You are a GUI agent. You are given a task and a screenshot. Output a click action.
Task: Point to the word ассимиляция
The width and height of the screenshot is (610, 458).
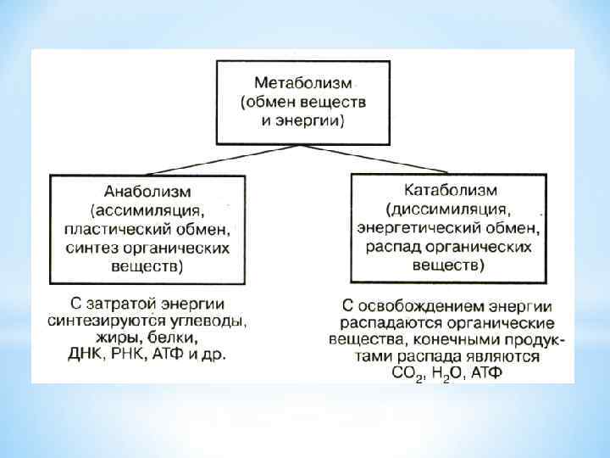(x=155, y=210)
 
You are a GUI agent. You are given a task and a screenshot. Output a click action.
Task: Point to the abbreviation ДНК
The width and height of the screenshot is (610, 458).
(x=86, y=353)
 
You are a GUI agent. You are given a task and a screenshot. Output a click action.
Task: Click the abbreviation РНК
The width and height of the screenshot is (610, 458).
(x=130, y=353)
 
